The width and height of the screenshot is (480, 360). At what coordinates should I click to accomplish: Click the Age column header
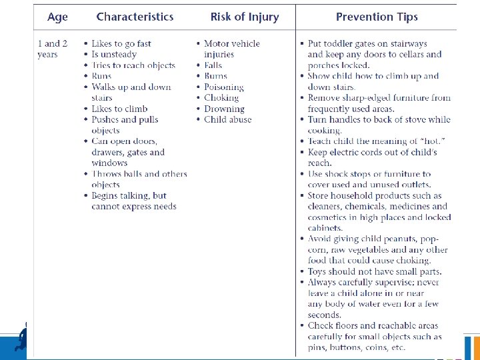click(x=57, y=17)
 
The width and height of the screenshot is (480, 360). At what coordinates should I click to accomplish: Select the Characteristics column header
click(x=135, y=17)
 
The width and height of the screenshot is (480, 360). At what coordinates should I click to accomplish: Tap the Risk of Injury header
click(x=244, y=17)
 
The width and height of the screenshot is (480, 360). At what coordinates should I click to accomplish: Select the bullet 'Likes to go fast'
click(x=121, y=44)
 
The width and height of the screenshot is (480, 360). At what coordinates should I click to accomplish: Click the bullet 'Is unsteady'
click(x=114, y=55)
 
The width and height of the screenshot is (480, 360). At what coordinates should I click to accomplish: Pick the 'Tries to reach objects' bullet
click(x=133, y=65)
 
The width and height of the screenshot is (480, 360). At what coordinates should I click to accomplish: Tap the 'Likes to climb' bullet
click(x=119, y=109)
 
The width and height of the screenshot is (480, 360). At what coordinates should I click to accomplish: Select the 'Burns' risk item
click(x=216, y=76)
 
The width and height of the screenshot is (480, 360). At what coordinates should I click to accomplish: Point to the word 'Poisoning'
click(x=224, y=87)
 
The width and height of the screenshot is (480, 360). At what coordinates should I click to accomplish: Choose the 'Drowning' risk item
click(x=224, y=109)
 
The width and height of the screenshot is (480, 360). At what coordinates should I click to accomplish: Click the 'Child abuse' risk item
click(x=228, y=119)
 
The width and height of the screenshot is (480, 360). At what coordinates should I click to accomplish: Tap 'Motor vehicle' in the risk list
click(x=232, y=44)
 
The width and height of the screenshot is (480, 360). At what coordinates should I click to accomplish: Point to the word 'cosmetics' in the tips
click(x=328, y=217)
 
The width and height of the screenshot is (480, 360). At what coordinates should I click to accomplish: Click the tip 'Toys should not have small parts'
click(x=375, y=271)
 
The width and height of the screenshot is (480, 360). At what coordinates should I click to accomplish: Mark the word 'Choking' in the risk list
click(x=221, y=98)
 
